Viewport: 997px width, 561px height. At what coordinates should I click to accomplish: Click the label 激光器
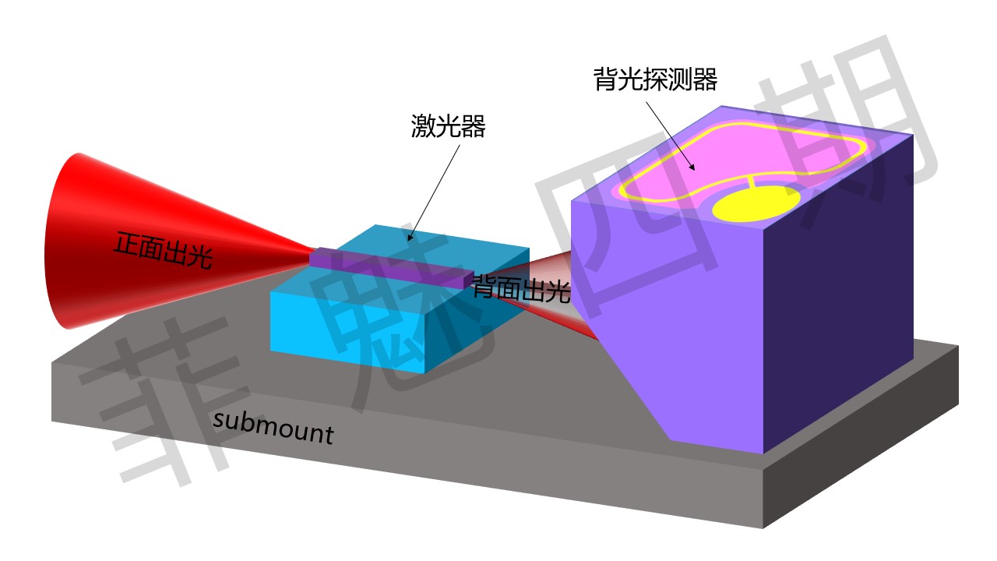pos(448,126)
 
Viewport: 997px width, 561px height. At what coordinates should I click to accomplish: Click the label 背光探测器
pos(655,79)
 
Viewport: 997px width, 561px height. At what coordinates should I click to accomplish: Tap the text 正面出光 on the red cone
pos(163,250)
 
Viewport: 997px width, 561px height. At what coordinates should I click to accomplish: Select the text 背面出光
pos(521,290)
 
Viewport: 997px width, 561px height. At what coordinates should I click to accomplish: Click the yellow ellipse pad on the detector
pos(756,203)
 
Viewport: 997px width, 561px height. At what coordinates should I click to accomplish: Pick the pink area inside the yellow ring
pos(701,168)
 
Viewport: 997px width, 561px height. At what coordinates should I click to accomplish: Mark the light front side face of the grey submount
pos(389,460)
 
